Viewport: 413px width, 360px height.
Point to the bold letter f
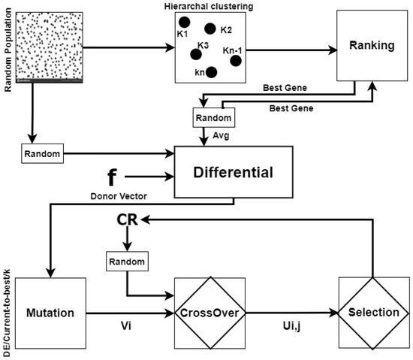113,178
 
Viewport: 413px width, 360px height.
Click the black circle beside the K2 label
210,29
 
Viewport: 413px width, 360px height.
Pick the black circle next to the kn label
212,72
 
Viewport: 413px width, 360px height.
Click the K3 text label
203,45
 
